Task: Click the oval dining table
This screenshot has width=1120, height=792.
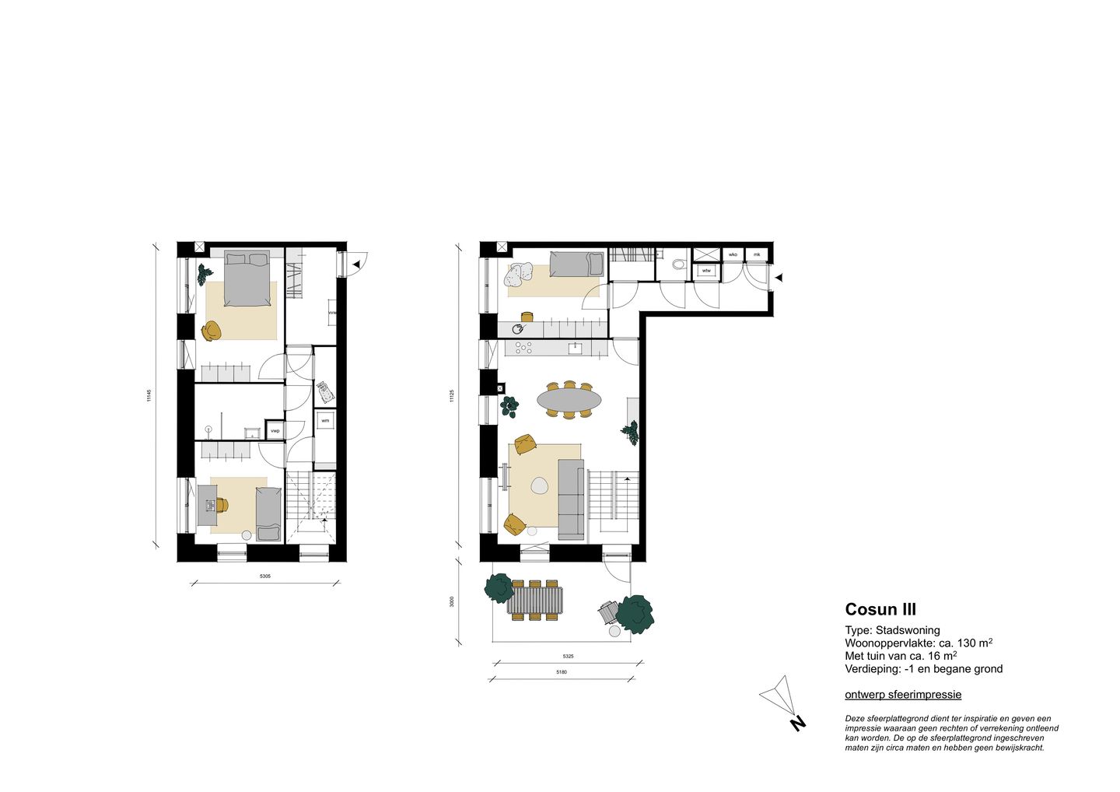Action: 569,400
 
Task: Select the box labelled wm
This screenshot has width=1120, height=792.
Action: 325,421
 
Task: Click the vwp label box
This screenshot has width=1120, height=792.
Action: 275,430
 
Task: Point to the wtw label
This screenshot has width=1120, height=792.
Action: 706,271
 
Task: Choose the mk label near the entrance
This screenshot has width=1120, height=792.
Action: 756,254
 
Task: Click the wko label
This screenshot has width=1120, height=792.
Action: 733,254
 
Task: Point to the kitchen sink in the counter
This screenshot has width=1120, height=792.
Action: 576,348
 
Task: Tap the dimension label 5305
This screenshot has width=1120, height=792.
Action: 265,576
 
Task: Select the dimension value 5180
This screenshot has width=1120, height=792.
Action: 562,672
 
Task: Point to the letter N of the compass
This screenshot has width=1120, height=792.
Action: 797,724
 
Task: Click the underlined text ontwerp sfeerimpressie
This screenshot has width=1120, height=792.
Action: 903,695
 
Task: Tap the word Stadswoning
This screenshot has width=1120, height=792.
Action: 908,630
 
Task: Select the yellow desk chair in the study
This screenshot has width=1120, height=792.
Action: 222,506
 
